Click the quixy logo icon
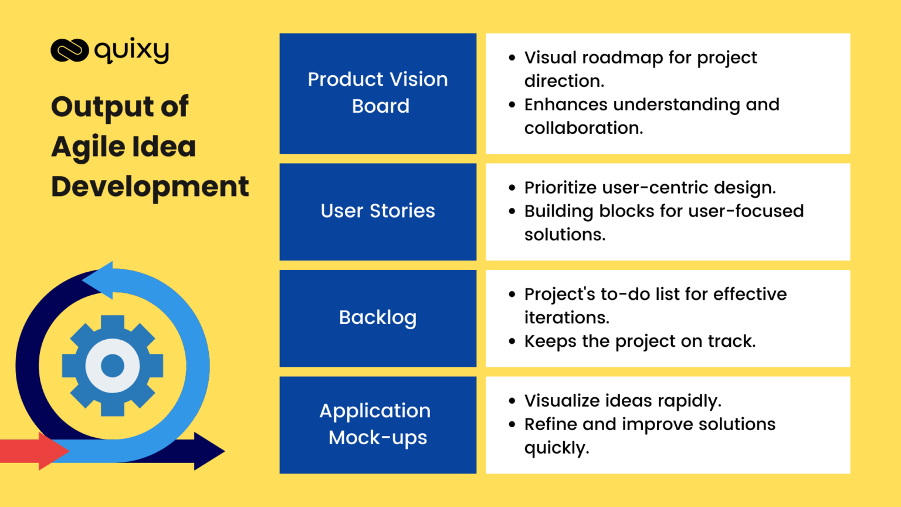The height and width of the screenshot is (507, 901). [69, 50]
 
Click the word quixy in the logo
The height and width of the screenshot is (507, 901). [132, 50]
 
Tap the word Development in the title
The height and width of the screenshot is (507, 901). [150, 187]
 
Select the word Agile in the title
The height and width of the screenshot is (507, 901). [88, 147]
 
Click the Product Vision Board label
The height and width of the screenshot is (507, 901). [378, 93]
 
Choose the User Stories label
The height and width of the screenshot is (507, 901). [378, 211]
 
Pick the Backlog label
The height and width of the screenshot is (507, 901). [378, 317]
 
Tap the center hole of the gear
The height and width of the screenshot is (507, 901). [113, 366]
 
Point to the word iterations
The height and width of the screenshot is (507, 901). [566, 317]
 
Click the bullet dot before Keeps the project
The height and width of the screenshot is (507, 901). [512, 341]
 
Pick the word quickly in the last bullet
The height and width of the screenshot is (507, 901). [555, 448]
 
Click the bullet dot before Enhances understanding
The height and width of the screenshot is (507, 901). [512, 104]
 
